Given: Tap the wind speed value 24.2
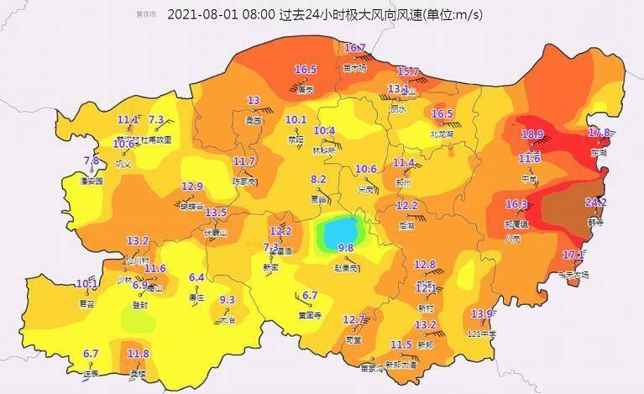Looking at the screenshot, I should pos(595,202).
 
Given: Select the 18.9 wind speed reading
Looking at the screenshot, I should pos(532,134).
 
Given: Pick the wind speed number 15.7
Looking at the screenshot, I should pos(408,71).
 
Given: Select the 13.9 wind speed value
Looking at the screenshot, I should pos(482,314).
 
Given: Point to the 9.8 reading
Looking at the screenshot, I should pos(345,248).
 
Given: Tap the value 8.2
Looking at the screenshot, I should pos(318,179).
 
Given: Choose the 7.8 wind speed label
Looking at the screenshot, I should pos(92,160).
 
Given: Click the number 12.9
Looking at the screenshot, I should pos(192,186).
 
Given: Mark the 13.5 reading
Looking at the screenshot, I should pos(216,213).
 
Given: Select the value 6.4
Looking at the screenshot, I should pos(197,277).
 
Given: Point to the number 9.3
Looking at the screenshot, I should pos(227,300).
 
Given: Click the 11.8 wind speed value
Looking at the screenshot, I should pos(138,354).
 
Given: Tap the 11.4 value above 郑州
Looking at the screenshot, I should pos(404,162).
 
